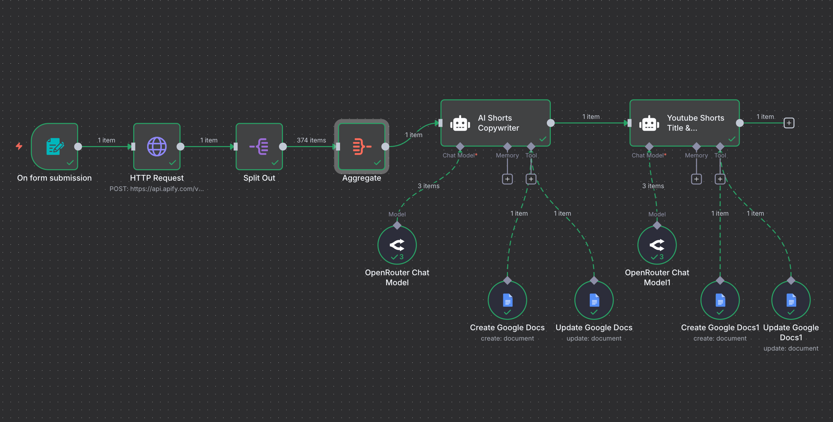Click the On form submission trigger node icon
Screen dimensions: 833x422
pos(55,146)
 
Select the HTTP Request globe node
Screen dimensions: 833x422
pos(157,146)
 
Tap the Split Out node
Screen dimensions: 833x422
pos(259,146)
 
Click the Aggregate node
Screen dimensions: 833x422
pos(361,146)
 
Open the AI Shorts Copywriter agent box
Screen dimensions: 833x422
pos(495,123)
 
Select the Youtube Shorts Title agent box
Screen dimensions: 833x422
pos(684,123)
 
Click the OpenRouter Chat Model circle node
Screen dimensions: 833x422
pos(397,245)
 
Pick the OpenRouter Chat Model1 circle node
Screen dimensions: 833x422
pos(657,245)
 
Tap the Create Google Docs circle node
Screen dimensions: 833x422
pos(507,300)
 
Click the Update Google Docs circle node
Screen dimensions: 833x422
pos(594,300)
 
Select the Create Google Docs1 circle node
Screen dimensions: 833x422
pos(720,300)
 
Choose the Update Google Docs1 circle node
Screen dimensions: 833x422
pos(791,300)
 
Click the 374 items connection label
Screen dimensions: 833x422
pos(311,140)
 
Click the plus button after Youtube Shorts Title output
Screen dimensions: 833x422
pos(789,123)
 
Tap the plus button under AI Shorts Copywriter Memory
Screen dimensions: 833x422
pos(508,179)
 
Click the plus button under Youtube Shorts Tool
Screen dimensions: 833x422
pos(720,179)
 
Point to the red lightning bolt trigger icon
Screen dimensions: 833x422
pos(19,146)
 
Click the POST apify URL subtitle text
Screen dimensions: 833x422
pos(156,189)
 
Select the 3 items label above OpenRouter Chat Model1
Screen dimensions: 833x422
pos(653,186)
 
